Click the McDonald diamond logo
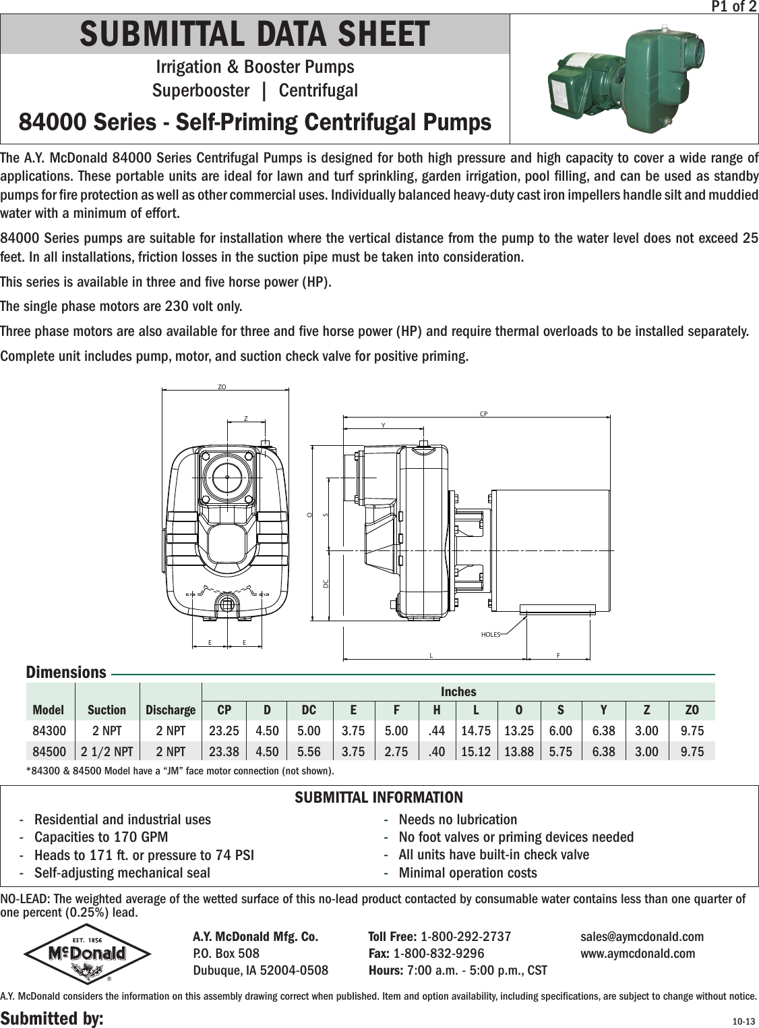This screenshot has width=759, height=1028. [87, 953]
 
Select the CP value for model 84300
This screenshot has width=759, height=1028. [224, 731]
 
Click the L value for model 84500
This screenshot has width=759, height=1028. [475, 751]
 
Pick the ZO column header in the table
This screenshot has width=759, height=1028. [692, 710]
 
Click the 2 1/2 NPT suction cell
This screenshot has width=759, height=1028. [107, 751]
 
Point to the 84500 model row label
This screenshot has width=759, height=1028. [49, 751]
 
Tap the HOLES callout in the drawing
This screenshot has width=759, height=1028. [491, 635]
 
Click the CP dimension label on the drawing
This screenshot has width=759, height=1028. [483, 413]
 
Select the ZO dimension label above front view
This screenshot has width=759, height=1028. [222, 387]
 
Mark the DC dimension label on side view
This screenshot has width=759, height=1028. [326, 582]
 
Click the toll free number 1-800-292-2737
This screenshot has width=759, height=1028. [465, 936]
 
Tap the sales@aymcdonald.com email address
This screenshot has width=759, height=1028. [642, 936]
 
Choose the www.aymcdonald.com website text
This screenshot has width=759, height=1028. [638, 953]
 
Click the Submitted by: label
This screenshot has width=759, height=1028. [52, 1018]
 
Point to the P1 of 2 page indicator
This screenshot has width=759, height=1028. [734, 7]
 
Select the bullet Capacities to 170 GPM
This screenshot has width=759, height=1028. [101, 837]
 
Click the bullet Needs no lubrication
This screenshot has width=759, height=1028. [458, 820]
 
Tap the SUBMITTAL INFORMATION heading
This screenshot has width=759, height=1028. [379, 797]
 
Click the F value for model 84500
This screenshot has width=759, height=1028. [396, 751]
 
